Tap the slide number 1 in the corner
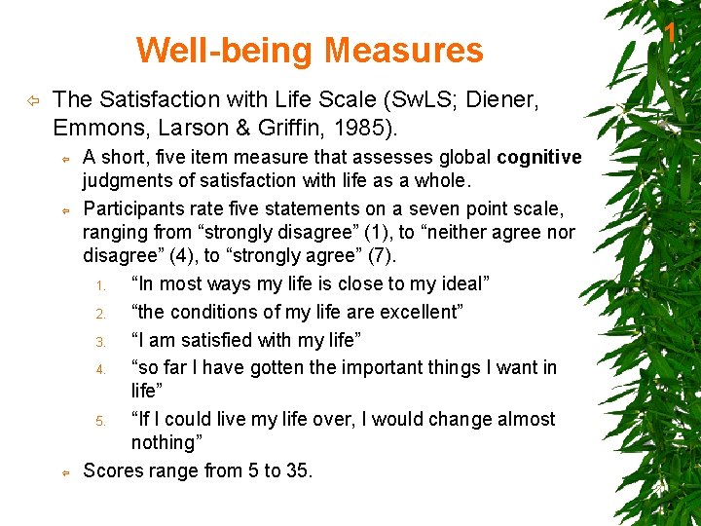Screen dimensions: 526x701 670,33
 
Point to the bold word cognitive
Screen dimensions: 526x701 538,157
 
